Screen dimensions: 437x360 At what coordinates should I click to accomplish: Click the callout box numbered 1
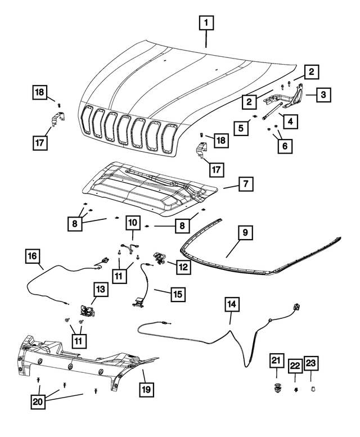pyautogui.click(x=206, y=23)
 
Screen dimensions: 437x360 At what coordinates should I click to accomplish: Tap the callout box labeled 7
pyautogui.click(x=245, y=183)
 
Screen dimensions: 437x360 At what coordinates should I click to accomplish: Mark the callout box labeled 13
pyautogui.click(x=100, y=290)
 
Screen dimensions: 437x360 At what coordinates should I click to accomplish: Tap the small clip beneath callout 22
pyautogui.click(x=295, y=388)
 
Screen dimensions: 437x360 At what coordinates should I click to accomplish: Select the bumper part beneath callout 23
pyautogui.click(x=312, y=388)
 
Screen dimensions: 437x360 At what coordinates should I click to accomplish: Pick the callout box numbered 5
pyautogui.click(x=242, y=128)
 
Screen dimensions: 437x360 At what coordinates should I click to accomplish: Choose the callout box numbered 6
pyautogui.click(x=285, y=146)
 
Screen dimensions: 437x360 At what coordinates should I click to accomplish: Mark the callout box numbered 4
pyautogui.click(x=290, y=121)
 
